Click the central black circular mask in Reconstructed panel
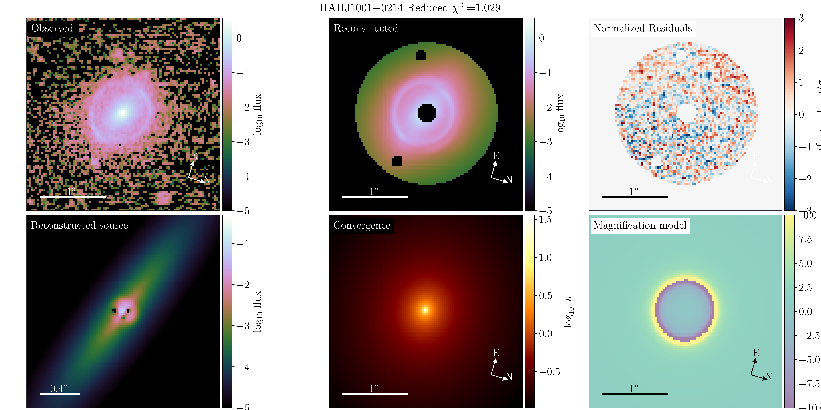coord(426,113)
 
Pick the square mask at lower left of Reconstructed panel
coord(396,161)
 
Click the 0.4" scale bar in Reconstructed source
coord(60,394)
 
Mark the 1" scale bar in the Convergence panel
coord(375,394)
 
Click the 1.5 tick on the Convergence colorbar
coord(545,220)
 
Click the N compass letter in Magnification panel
coord(769,377)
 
